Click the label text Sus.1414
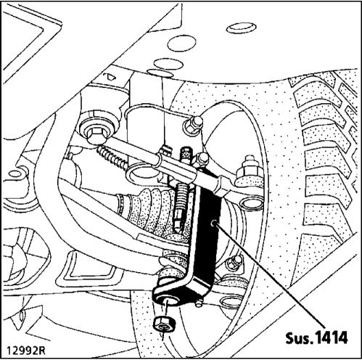(316, 337)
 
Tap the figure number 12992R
(26, 351)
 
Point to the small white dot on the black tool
(214, 224)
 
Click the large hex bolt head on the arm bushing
(96, 135)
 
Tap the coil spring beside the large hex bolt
(112, 157)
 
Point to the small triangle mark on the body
(110, 76)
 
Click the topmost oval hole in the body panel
(241, 28)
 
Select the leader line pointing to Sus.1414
(270, 274)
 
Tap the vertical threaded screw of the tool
(181, 194)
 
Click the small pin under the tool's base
(199, 303)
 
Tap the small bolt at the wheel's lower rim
(235, 261)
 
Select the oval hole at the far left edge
(15, 173)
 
